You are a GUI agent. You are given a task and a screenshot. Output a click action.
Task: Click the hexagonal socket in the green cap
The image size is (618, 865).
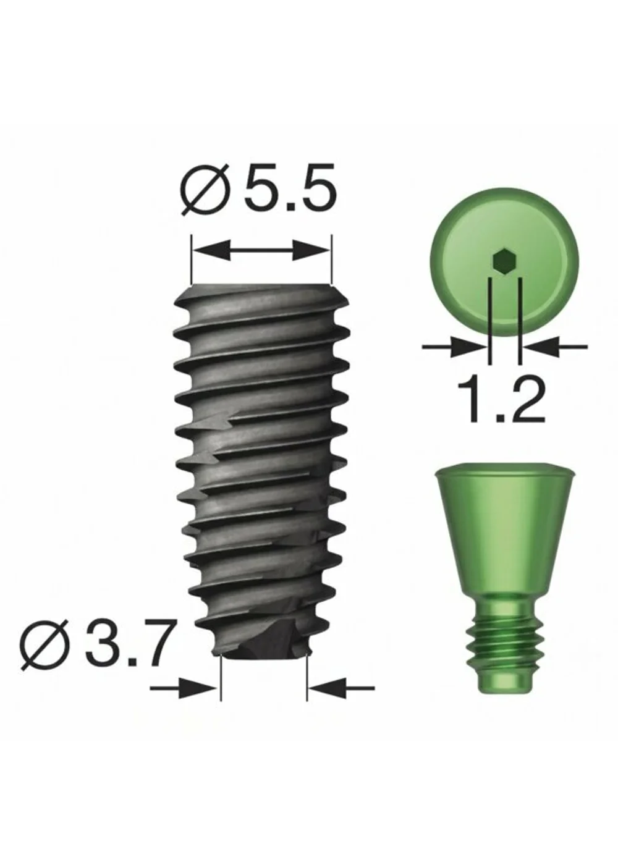[x=504, y=263]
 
